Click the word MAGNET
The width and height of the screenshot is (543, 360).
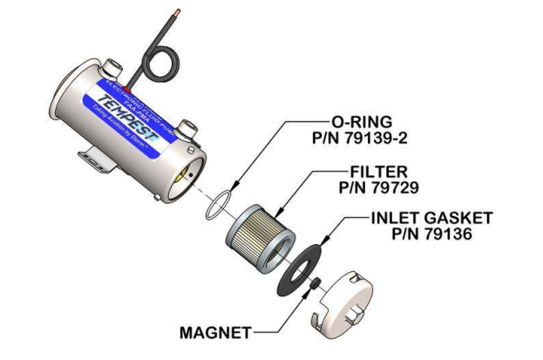tap(215, 332)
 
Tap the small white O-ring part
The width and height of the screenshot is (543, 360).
tap(214, 207)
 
